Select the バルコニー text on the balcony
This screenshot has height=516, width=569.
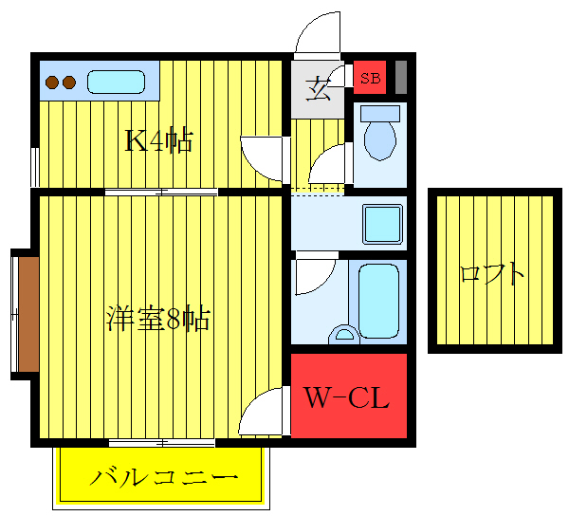click(162, 477)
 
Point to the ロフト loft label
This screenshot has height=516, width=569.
click(491, 274)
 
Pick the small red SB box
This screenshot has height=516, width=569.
click(370, 78)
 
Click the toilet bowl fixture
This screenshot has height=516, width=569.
click(380, 135)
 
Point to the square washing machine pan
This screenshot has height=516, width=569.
click(384, 225)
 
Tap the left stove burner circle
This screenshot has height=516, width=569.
click(52, 83)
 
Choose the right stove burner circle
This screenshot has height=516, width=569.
click(69, 83)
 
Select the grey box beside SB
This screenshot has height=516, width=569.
click(400, 76)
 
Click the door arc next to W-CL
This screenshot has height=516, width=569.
click(263, 414)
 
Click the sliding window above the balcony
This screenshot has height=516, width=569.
click(161, 442)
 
